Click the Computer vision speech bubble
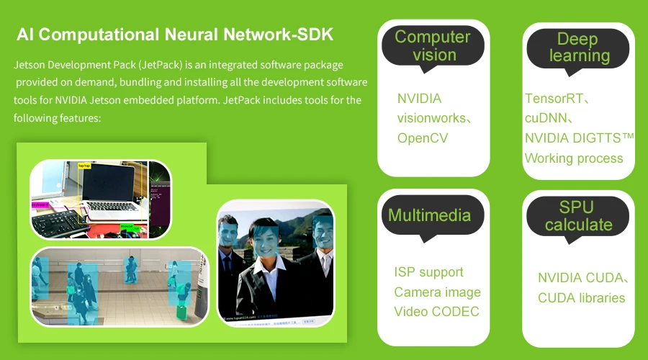(x=433, y=46)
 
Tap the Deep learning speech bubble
(x=579, y=48)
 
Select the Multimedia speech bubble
(x=429, y=215)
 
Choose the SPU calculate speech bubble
(x=578, y=216)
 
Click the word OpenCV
(x=423, y=138)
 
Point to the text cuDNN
(x=549, y=118)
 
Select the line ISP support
(x=428, y=272)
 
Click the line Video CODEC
(x=436, y=312)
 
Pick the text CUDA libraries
(x=581, y=298)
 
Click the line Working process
(x=573, y=158)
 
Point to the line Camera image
(x=437, y=292)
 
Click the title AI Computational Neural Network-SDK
(x=175, y=35)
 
